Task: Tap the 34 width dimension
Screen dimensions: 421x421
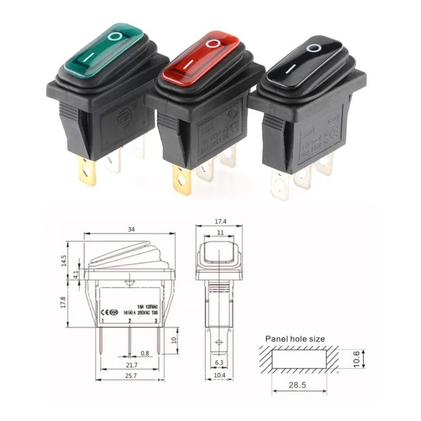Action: click(129, 229)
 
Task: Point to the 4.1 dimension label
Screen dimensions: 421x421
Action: click(76, 274)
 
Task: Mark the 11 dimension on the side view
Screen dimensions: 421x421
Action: click(220, 233)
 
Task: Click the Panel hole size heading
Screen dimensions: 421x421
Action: click(295, 339)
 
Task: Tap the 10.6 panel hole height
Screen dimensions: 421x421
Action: click(356, 359)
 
